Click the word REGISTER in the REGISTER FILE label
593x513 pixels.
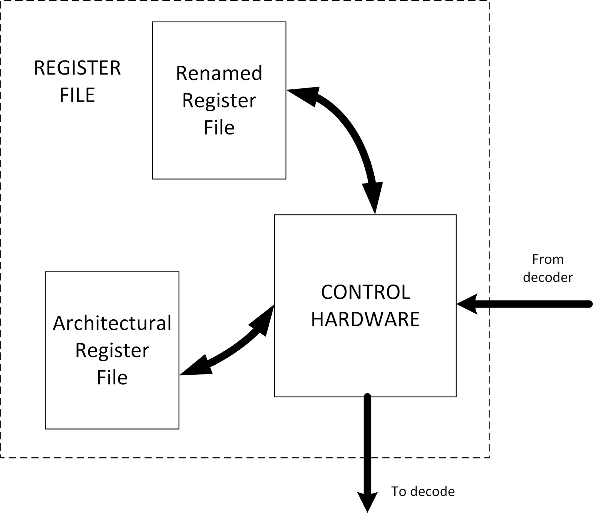coord(77,68)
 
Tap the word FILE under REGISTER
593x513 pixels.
coord(77,95)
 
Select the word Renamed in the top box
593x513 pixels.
coord(219,73)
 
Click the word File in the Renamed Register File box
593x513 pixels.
coord(219,128)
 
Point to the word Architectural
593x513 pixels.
coord(112,323)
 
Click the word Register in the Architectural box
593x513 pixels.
coord(112,351)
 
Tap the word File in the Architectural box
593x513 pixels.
coord(112,378)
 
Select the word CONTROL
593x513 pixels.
coord(365,292)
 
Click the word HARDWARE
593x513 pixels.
coord(365,319)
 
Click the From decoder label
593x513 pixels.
coord(548,268)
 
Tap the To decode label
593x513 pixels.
coord(423,491)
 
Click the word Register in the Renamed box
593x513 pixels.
coord(219,101)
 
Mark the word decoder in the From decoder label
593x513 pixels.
coord(548,277)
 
